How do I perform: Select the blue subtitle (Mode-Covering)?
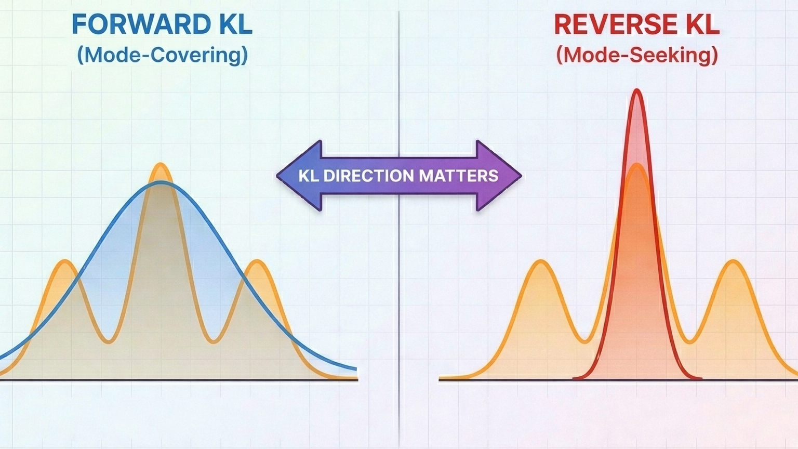[162, 55]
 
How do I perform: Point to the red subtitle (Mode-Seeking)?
[637, 55]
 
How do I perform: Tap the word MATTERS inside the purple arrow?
[459, 176]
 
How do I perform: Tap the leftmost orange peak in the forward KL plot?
[65, 261]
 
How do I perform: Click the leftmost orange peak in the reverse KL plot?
[541, 262]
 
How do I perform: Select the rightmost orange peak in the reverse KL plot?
[733, 262]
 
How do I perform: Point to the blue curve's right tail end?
[355, 369]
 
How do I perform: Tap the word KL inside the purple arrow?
[308, 176]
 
